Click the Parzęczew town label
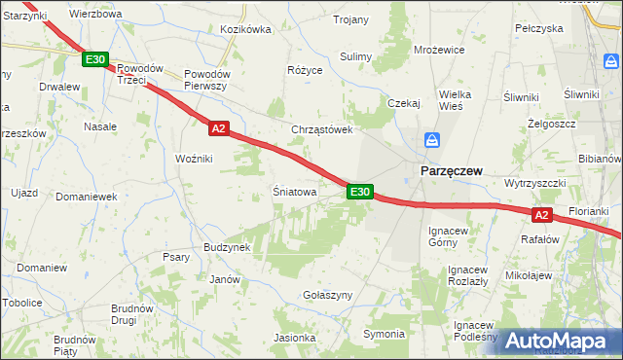(x=452, y=170)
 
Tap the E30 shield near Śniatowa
(x=359, y=192)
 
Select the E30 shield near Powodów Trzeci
(x=94, y=60)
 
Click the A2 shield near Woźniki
(x=218, y=127)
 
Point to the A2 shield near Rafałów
(x=543, y=215)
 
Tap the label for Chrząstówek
(x=321, y=129)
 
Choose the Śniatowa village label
(x=294, y=193)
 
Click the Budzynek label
(x=228, y=247)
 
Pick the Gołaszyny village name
(x=327, y=296)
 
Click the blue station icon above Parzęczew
(x=429, y=142)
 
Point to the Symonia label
(x=384, y=335)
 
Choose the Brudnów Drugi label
(x=132, y=313)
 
